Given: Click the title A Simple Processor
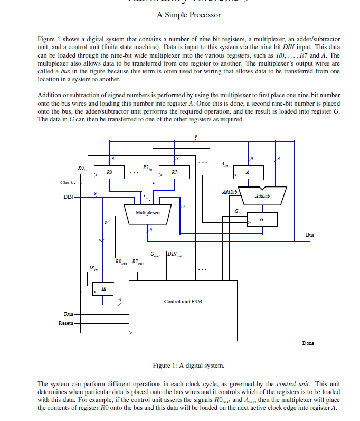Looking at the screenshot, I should (188, 15).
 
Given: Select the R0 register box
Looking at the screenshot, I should (109, 172).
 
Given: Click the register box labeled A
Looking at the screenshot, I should (247, 172).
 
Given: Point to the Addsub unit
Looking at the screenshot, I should (262, 196).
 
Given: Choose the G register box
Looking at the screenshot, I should (262, 219).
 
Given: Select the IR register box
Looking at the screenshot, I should (103, 288).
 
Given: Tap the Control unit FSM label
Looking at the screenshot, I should (183, 302).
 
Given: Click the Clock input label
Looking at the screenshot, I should (67, 183).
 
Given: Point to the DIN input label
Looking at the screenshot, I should (68, 198).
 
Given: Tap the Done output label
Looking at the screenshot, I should (308, 343).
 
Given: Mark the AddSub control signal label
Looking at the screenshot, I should (229, 192).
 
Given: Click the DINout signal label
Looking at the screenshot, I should (176, 255).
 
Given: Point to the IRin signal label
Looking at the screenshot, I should (92, 269).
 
